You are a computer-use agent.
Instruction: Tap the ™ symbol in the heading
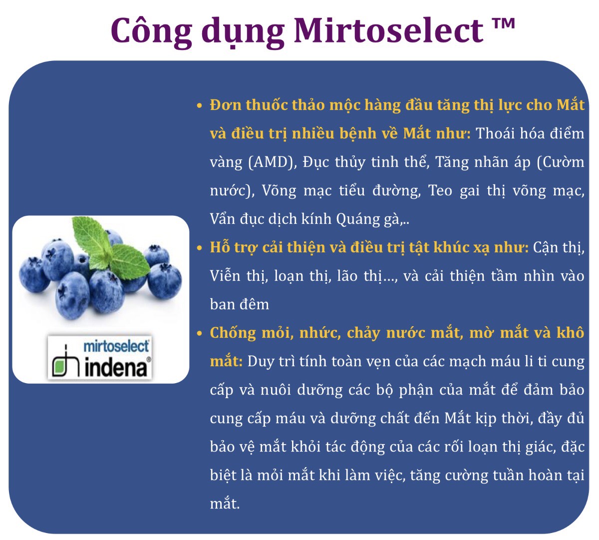coord(504,23)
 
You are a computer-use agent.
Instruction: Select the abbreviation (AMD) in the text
coord(273,162)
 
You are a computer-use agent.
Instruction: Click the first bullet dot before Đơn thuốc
coord(200,105)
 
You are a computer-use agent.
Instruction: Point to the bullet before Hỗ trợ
coord(200,248)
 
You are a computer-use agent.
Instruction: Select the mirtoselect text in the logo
coord(116,346)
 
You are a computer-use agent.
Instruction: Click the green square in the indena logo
coord(60,367)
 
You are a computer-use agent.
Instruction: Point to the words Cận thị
coord(559,248)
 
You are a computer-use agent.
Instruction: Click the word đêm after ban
coord(255,305)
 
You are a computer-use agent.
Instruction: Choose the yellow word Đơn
coord(226,105)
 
